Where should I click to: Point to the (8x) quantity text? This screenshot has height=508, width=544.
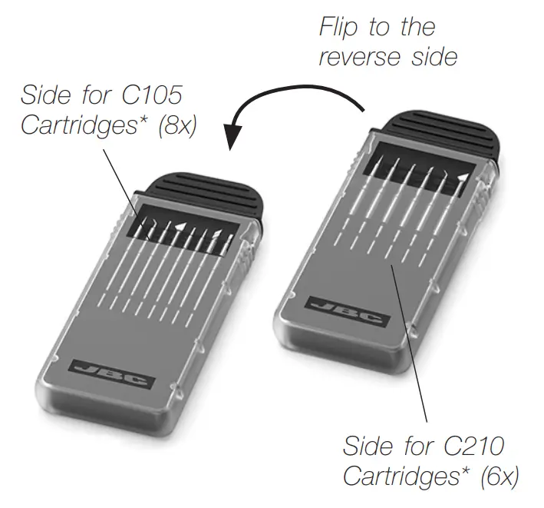176,126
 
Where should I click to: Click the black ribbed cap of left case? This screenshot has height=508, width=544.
207,195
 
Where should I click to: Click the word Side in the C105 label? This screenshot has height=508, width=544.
44,97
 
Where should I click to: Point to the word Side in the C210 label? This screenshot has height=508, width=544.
366,446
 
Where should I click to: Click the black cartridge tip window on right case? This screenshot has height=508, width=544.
418,171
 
